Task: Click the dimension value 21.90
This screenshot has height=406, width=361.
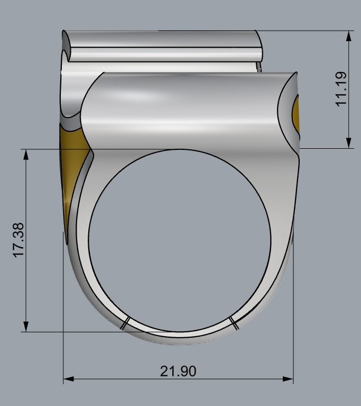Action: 178,371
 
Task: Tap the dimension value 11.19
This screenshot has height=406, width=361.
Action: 342,88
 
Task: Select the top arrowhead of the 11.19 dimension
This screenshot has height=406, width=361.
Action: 349,35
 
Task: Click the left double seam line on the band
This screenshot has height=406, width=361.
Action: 125,323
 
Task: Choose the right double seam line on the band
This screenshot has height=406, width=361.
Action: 234,323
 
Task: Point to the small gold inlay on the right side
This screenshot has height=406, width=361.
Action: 296,113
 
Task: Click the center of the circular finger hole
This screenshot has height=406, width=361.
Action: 180,241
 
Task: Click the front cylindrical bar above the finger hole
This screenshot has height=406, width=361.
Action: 185,109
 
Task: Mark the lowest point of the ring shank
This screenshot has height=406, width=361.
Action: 180,344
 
